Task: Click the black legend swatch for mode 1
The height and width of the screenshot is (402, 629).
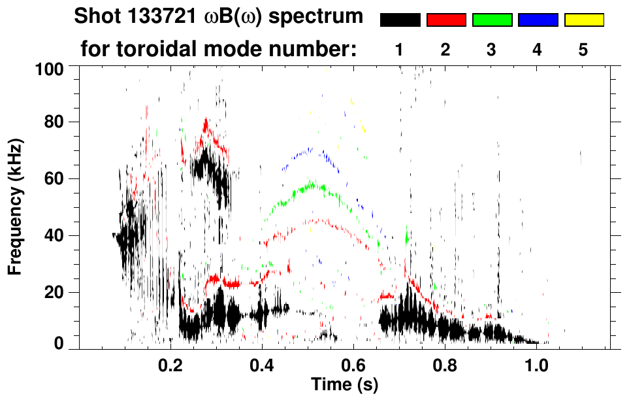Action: [400, 20]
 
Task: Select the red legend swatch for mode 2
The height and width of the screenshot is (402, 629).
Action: [446, 20]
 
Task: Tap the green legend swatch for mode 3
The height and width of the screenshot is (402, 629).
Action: [492, 20]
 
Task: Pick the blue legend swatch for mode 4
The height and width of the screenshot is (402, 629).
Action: [538, 20]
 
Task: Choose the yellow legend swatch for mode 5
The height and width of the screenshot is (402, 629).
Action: [583, 20]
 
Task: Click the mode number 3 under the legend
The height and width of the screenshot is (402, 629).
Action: [492, 50]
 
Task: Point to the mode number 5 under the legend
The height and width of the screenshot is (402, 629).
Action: [583, 50]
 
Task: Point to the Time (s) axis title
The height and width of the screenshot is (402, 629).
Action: [344, 384]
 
